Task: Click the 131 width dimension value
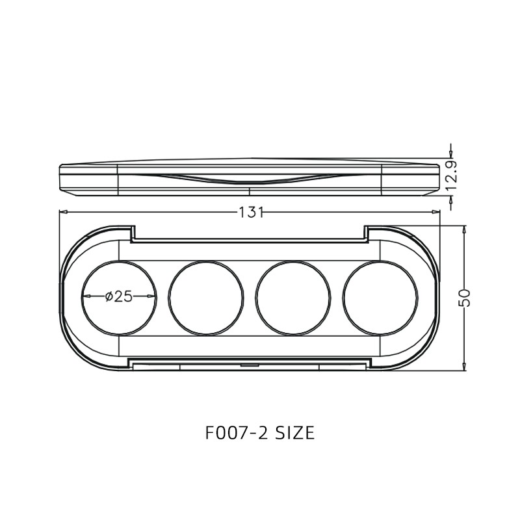[x=251, y=212]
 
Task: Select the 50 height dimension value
[x=464, y=298]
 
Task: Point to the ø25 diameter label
[x=118, y=296]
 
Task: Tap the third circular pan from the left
[x=294, y=297]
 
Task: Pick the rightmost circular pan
[x=381, y=297]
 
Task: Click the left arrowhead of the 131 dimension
[x=62, y=211]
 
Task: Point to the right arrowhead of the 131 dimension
[x=437, y=211]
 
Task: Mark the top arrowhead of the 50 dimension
[x=464, y=229]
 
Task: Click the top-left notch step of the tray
[x=133, y=233]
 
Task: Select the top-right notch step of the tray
[x=366, y=233]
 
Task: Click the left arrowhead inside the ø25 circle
[x=84, y=296]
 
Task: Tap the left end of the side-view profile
[x=60, y=177]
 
